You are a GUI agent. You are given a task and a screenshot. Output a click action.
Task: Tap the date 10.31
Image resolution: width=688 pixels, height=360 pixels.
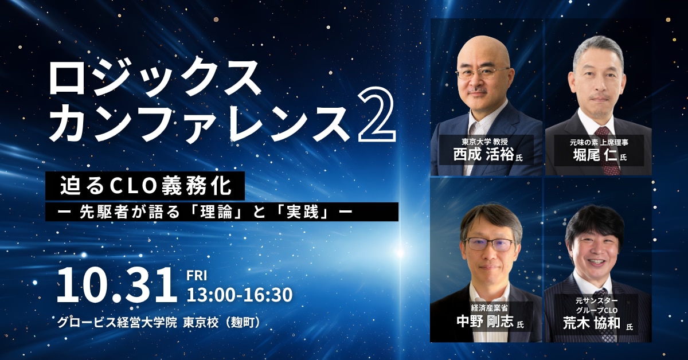[116, 285]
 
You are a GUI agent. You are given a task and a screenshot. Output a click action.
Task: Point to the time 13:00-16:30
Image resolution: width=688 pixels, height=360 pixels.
[240, 295]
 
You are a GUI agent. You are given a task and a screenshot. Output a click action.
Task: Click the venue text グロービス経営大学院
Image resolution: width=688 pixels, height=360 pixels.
[118, 322]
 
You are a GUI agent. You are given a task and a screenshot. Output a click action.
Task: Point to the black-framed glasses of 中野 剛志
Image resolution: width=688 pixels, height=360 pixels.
[490, 244]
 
